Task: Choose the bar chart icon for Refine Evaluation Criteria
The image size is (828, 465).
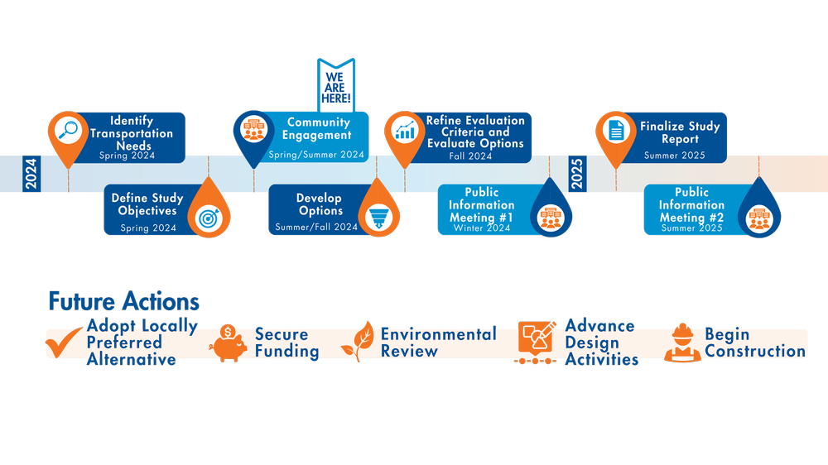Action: pos(405,130)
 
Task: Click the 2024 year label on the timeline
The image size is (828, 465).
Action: pos(31,174)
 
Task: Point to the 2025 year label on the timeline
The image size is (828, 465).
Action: pos(577,174)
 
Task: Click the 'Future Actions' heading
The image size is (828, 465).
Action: pos(123,301)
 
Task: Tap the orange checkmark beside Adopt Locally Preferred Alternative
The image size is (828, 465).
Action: pos(64,343)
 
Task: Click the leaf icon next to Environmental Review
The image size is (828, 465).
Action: pos(363,343)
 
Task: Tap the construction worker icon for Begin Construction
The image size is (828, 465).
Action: pos(682,343)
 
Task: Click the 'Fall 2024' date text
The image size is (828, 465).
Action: pos(469,156)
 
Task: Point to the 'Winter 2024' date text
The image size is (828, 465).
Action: pos(482,228)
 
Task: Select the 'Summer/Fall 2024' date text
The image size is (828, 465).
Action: pos(316,227)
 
